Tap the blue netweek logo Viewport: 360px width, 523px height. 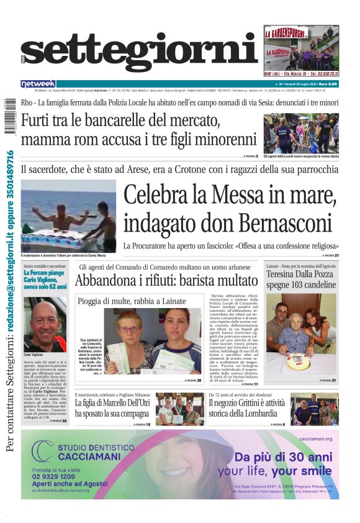coord(38,84)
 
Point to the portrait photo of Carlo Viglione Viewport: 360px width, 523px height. coord(45,315)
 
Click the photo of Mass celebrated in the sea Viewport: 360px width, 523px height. coord(68,216)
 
